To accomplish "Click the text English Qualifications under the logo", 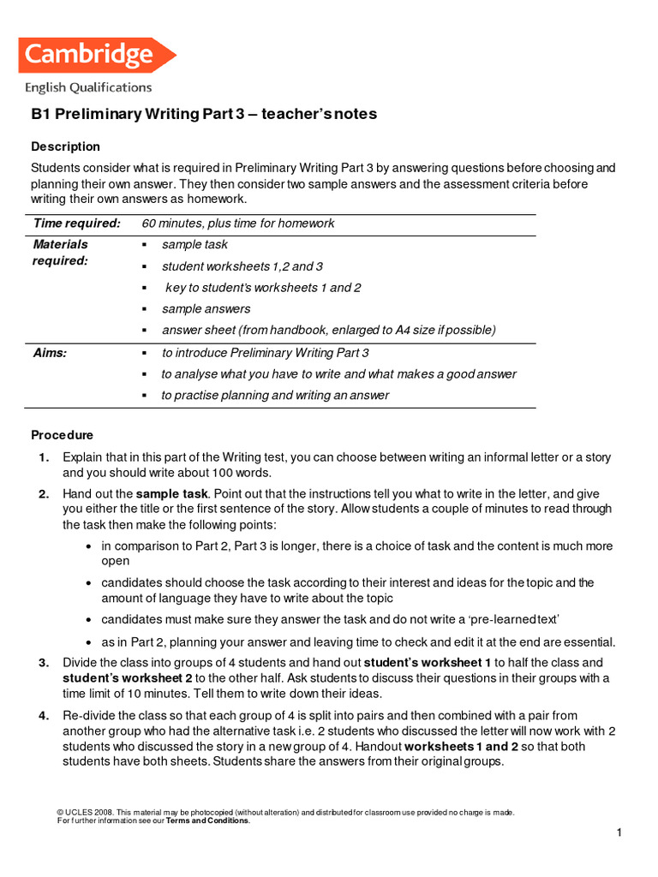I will pos(88,87).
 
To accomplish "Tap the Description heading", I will pos(66,146).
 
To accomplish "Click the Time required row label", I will pos(76,224).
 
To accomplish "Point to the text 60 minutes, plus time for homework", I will pos(238,224).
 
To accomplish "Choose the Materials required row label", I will pos(60,253).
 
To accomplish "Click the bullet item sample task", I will pos(194,245).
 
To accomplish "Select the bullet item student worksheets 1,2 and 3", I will pos(242,266).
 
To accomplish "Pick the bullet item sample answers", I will pos(206,309).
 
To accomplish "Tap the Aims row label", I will pos(50,353).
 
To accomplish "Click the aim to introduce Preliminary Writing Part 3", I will pos(266,353).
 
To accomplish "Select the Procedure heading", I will pos(63,435).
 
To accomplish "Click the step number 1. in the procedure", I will pos(44,457).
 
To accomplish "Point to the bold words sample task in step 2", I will pos(172,494).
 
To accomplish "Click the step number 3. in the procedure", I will pos(44,663).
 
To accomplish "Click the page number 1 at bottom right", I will pos(619,833).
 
